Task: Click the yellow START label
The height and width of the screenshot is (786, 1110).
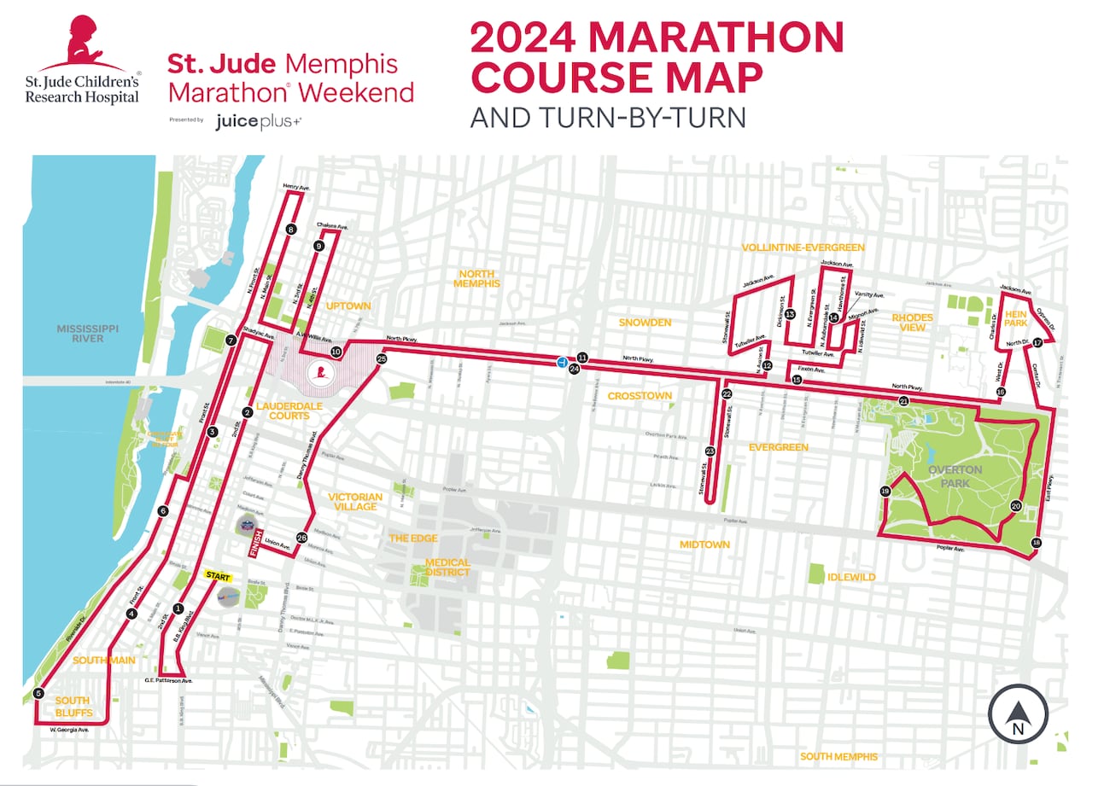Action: (219, 575)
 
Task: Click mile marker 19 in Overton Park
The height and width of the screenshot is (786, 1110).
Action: (885, 491)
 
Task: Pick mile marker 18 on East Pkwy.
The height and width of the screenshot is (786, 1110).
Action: (1037, 543)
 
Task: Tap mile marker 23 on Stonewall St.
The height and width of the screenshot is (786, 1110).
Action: (710, 451)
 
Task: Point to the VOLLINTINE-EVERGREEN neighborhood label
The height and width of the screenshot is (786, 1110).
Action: (803, 247)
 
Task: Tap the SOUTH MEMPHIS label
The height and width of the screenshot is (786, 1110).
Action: (838, 757)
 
